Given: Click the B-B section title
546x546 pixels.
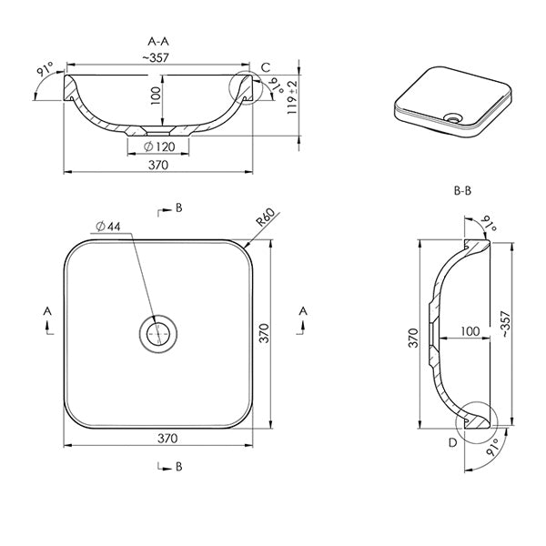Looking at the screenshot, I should [461, 192].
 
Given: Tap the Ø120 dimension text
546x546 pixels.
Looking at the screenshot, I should [160, 147].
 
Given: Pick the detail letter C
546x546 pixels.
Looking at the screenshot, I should [265, 67].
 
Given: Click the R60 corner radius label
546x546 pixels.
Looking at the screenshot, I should [264, 219].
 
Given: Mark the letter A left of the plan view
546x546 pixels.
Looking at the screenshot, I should [47, 311].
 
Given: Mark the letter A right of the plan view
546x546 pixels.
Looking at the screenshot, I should [302, 311].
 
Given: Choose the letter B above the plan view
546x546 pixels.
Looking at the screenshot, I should [178, 208].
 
